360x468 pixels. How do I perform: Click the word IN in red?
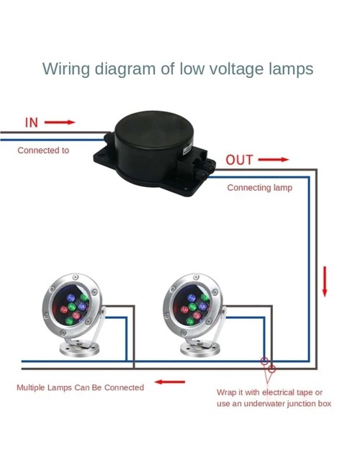32,122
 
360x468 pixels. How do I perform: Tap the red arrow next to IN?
60,122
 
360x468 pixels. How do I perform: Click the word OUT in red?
240,160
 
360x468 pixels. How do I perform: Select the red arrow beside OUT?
274,160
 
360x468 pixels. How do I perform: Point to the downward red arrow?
325,282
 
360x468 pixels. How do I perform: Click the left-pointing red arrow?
170,382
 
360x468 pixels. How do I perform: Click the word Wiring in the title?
66,69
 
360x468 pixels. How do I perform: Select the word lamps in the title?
291,69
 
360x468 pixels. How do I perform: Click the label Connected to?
43,150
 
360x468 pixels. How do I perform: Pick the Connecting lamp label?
260,188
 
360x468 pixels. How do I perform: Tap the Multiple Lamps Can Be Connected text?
81,387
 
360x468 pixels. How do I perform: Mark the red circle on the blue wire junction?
264,361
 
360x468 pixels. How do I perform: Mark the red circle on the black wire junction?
271,369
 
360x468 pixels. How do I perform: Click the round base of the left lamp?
79,349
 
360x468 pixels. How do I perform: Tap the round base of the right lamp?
200,349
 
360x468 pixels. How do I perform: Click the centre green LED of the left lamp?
72,307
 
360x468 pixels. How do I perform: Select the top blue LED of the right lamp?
192,298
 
